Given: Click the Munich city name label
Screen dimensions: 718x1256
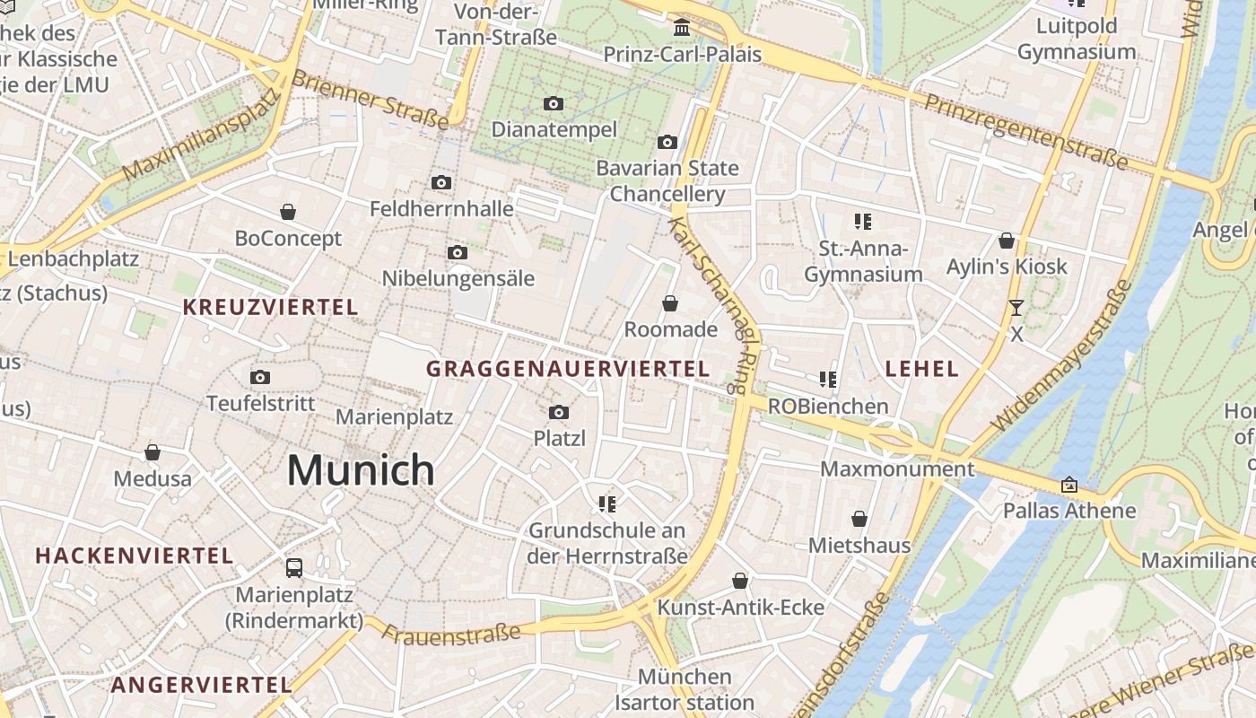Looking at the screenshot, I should [361, 470].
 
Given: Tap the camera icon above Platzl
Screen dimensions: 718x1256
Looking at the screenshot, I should [559, 413].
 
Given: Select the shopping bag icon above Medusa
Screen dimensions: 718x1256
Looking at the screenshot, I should [153, 452].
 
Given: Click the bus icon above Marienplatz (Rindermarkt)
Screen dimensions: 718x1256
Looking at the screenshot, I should [294, 567].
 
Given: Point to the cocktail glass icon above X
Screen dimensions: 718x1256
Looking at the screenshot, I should [1016, 308].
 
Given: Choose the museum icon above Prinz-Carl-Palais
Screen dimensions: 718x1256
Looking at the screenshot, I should [682, 28].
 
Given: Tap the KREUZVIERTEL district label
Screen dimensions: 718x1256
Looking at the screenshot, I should [270, 307].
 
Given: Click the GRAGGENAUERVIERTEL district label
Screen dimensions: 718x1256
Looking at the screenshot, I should [567, 369].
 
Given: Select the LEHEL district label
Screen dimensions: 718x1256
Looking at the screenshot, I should [921, 369].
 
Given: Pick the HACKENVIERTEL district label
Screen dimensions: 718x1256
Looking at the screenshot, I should [135, 556].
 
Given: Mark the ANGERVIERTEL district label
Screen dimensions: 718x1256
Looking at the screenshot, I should [201, 685].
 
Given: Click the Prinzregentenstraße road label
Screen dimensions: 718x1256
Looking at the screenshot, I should [1025, 132].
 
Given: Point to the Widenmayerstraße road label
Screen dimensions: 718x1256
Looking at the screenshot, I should [1060, 357].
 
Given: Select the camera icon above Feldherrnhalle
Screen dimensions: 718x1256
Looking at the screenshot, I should [440, 183].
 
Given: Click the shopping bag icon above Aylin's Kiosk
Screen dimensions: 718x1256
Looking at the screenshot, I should [1007, 241].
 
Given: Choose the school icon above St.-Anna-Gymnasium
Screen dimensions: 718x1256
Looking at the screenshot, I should [863, 221].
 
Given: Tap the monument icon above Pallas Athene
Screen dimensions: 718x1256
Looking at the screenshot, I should [1068, 485].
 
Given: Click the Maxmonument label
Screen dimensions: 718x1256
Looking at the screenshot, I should [897, 469].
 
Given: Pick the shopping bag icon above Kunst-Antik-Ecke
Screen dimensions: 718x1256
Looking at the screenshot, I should [740, 581].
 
